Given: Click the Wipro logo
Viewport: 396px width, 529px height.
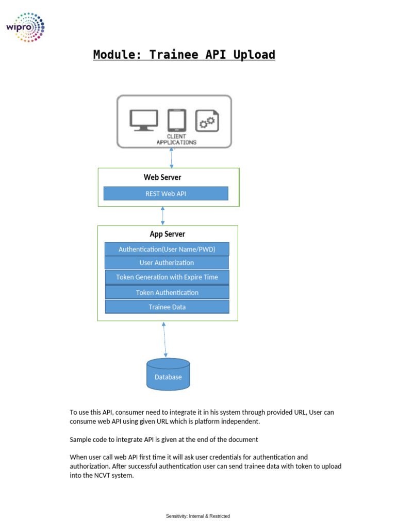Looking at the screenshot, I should pyautogui.click(x=25, y=26).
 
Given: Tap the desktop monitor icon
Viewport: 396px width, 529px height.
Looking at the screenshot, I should pyautogui.click(x=144, y=120).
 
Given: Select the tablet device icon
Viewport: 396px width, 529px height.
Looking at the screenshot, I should pyautogui.click(x=176, y=120).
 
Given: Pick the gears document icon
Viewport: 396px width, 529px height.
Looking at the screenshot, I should pyautogui.click(x=207, y=121).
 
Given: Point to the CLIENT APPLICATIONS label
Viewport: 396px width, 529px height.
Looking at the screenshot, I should pyautogui.click(x=176, y=139).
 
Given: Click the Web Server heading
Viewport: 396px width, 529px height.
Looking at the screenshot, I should pyautogui.click(x=162, y=177).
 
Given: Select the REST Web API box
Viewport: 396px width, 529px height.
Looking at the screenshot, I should pyautogui.click(x=166, y=194).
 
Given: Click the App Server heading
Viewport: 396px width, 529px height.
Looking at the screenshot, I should pyautogui.click(x=167, y=234).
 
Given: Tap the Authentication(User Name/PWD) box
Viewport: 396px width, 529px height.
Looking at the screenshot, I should pyautogui.click(x=167, y=249).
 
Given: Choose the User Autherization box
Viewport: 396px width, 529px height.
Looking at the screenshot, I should pyautogui.click(x=167, y=263).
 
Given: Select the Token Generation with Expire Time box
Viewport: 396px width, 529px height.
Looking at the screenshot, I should pyautogui.click(x=167, y=277).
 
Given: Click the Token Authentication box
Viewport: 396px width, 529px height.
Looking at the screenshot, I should pyautogui.click(x=167, y=292).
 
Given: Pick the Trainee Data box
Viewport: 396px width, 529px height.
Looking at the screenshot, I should pyautogui.click(x=167, y=307).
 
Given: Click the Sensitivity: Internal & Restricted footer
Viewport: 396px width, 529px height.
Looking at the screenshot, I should pyautogui.click(x=197, y=516).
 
